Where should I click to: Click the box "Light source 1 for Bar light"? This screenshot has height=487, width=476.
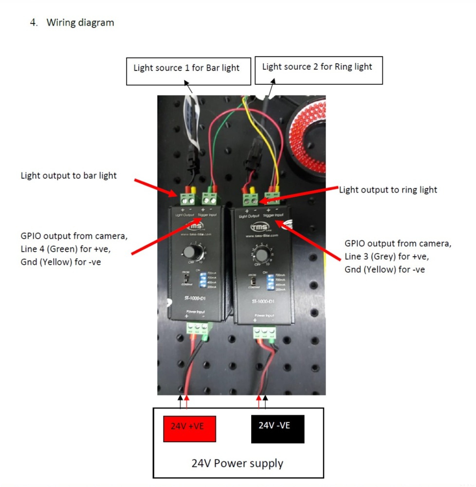[x=186, y=68]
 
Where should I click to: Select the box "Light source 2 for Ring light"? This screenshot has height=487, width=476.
[x=317, y=67]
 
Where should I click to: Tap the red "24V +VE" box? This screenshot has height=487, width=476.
[x=189, y=429]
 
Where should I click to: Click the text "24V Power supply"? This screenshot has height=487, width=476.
[x=238, y=463]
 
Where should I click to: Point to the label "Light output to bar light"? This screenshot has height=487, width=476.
[x=69, y=175]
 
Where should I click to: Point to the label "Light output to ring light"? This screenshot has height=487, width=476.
[x=388, y=190]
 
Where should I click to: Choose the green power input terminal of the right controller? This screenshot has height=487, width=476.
[x=264, y=333]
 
